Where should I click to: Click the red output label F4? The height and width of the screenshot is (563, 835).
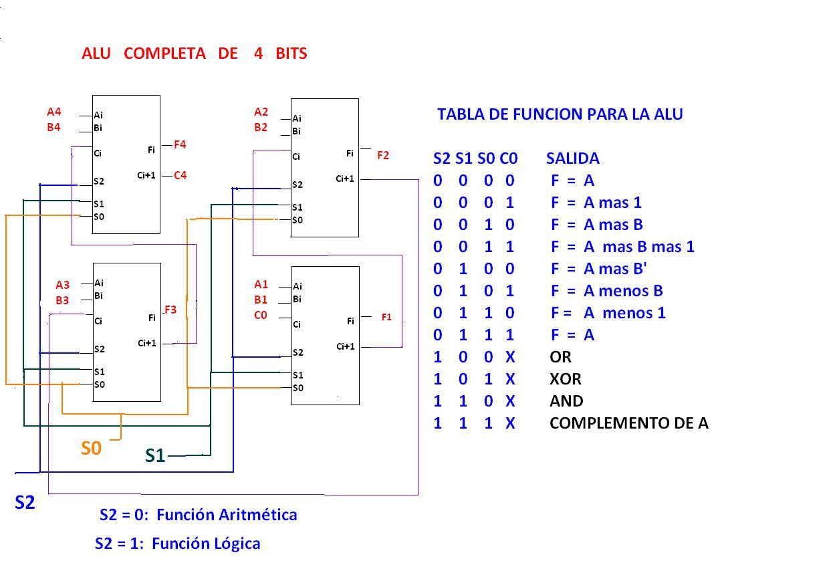(180, 144)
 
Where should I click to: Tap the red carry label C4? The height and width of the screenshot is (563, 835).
(180, 176)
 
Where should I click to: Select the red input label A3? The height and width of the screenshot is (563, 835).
(62, 285)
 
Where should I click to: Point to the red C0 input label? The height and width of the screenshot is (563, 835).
(261, 316)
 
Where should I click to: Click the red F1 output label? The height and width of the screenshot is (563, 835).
(386, 318)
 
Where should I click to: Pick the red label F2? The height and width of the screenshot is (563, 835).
(383, 156)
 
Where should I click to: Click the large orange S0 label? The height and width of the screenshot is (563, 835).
(91, 449)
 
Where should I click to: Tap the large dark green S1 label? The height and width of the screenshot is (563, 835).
(154, 456)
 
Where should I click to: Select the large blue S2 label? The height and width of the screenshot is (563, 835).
(25, 503)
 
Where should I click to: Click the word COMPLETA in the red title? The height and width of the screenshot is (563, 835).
(164, 54)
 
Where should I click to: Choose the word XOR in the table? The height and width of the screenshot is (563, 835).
(565, 379)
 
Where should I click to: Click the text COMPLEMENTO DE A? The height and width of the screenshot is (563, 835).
(628, 423)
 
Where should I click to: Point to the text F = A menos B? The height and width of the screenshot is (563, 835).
(606, 291)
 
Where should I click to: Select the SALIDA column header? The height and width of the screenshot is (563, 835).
(572, 159)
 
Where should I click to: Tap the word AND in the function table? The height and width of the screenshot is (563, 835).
(566, 401)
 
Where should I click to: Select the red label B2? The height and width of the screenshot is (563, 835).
(261, 127)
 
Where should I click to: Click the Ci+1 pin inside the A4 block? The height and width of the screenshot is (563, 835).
(146, 176)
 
